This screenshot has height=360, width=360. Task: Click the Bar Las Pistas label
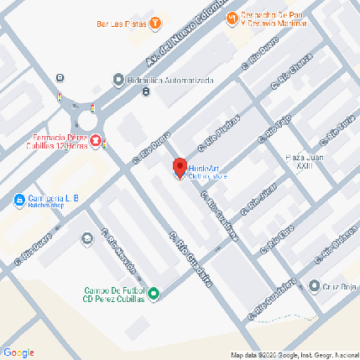coord(121,23)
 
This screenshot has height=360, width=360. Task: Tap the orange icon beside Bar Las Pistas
coord(154,23)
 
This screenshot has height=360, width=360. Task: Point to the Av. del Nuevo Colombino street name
coord(181,41)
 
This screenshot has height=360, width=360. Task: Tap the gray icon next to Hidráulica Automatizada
coord(118,80)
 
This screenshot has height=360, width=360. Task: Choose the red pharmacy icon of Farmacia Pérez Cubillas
coord(97,140)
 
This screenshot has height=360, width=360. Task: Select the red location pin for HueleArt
coord(178,166)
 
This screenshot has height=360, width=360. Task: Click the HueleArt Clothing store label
coord(207,172)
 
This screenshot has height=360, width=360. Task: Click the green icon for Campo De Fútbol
coord(154,293)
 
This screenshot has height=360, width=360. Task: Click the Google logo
coord(18,352)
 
